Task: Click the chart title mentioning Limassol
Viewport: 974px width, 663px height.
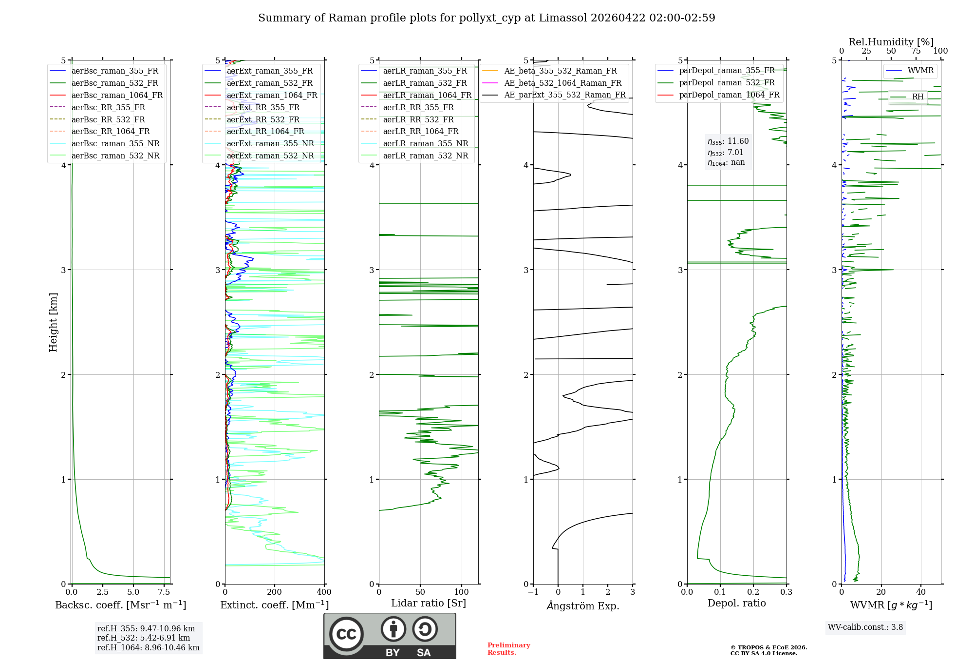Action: [x=487, y=18]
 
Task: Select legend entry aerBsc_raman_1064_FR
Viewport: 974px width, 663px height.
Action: [x=117, y=95]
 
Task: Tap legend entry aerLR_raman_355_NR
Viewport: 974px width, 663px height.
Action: [x=425, y=143]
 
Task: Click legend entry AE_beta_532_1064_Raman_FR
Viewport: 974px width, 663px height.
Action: [x=562, y=83]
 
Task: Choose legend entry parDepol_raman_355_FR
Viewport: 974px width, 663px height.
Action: [x=727, y=71]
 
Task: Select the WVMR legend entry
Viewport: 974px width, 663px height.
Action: [x=920, y=71]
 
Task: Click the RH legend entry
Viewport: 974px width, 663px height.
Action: [x=918, y=97]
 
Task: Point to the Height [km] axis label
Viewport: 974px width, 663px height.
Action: [x=53, y=322]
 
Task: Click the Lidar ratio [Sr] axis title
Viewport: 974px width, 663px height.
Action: [x=428, y=603]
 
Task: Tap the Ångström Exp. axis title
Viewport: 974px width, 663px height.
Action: [x=583, y=605]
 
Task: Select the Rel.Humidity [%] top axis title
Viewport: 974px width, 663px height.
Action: [x=891, y=42]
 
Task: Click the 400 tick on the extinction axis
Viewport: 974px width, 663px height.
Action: [x=324, y=592]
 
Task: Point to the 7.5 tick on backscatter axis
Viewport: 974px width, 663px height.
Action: [x=164, y=592]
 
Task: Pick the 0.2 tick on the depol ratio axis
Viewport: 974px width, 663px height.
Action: [x=753, y=592]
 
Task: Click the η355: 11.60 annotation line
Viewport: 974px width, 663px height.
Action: [x=728, y=141]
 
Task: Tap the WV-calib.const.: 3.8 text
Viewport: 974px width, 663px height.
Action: [x=865, y=627]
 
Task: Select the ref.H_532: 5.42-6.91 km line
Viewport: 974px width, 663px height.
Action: [x=144, y=638]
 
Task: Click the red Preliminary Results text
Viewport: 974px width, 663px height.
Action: [x=508, y=648]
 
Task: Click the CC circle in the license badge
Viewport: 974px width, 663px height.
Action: [x=346, y=634]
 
